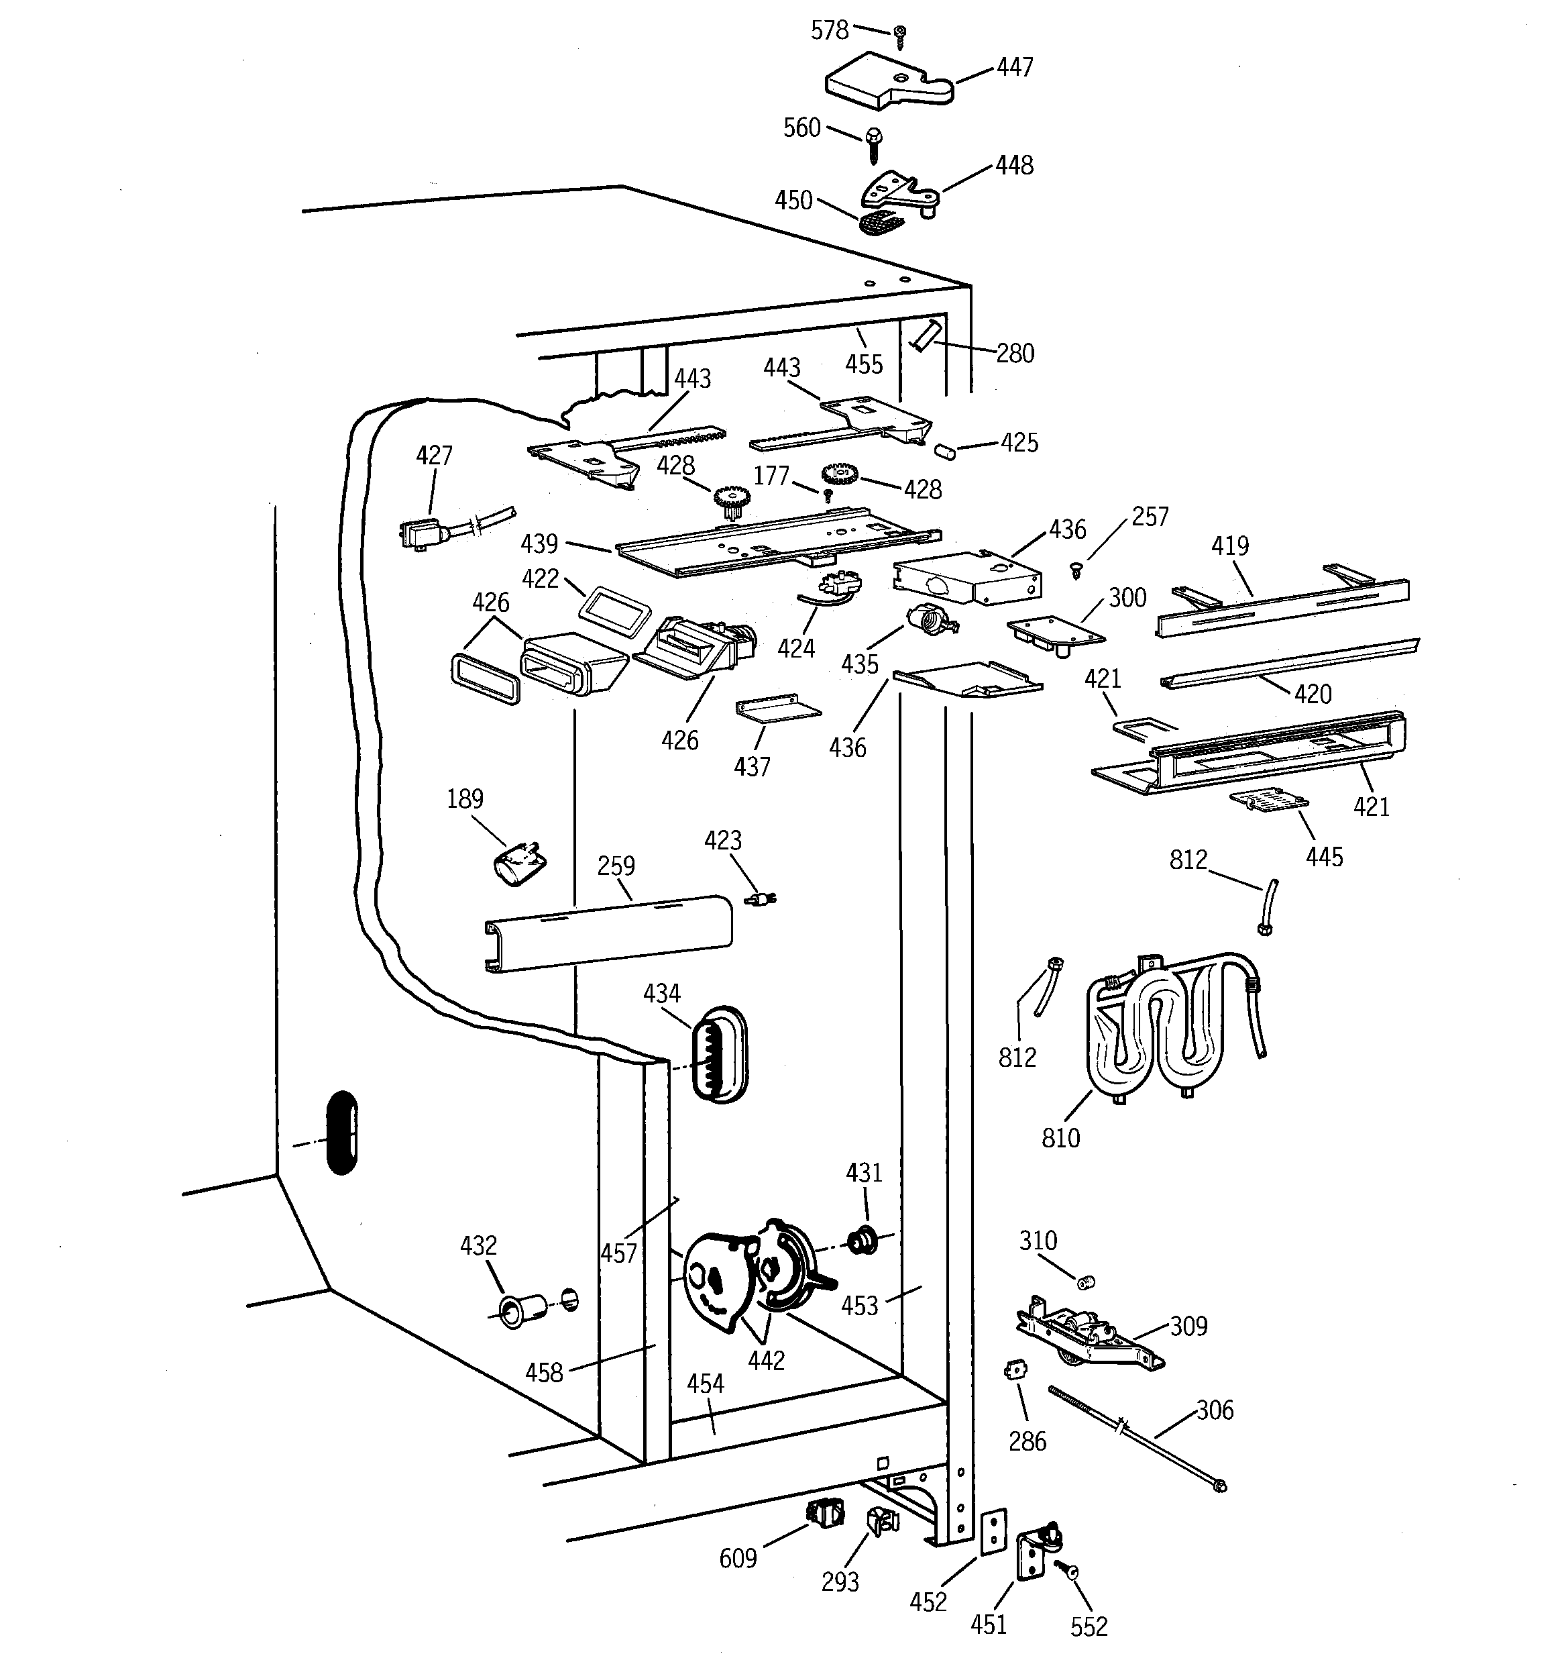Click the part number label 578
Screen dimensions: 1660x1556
829,31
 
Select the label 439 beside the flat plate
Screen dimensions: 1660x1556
539,544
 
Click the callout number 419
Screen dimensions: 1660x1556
1229,546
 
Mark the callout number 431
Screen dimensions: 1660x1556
863,1173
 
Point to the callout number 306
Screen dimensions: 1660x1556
1215,1410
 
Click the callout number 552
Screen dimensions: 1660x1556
1089,1626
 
